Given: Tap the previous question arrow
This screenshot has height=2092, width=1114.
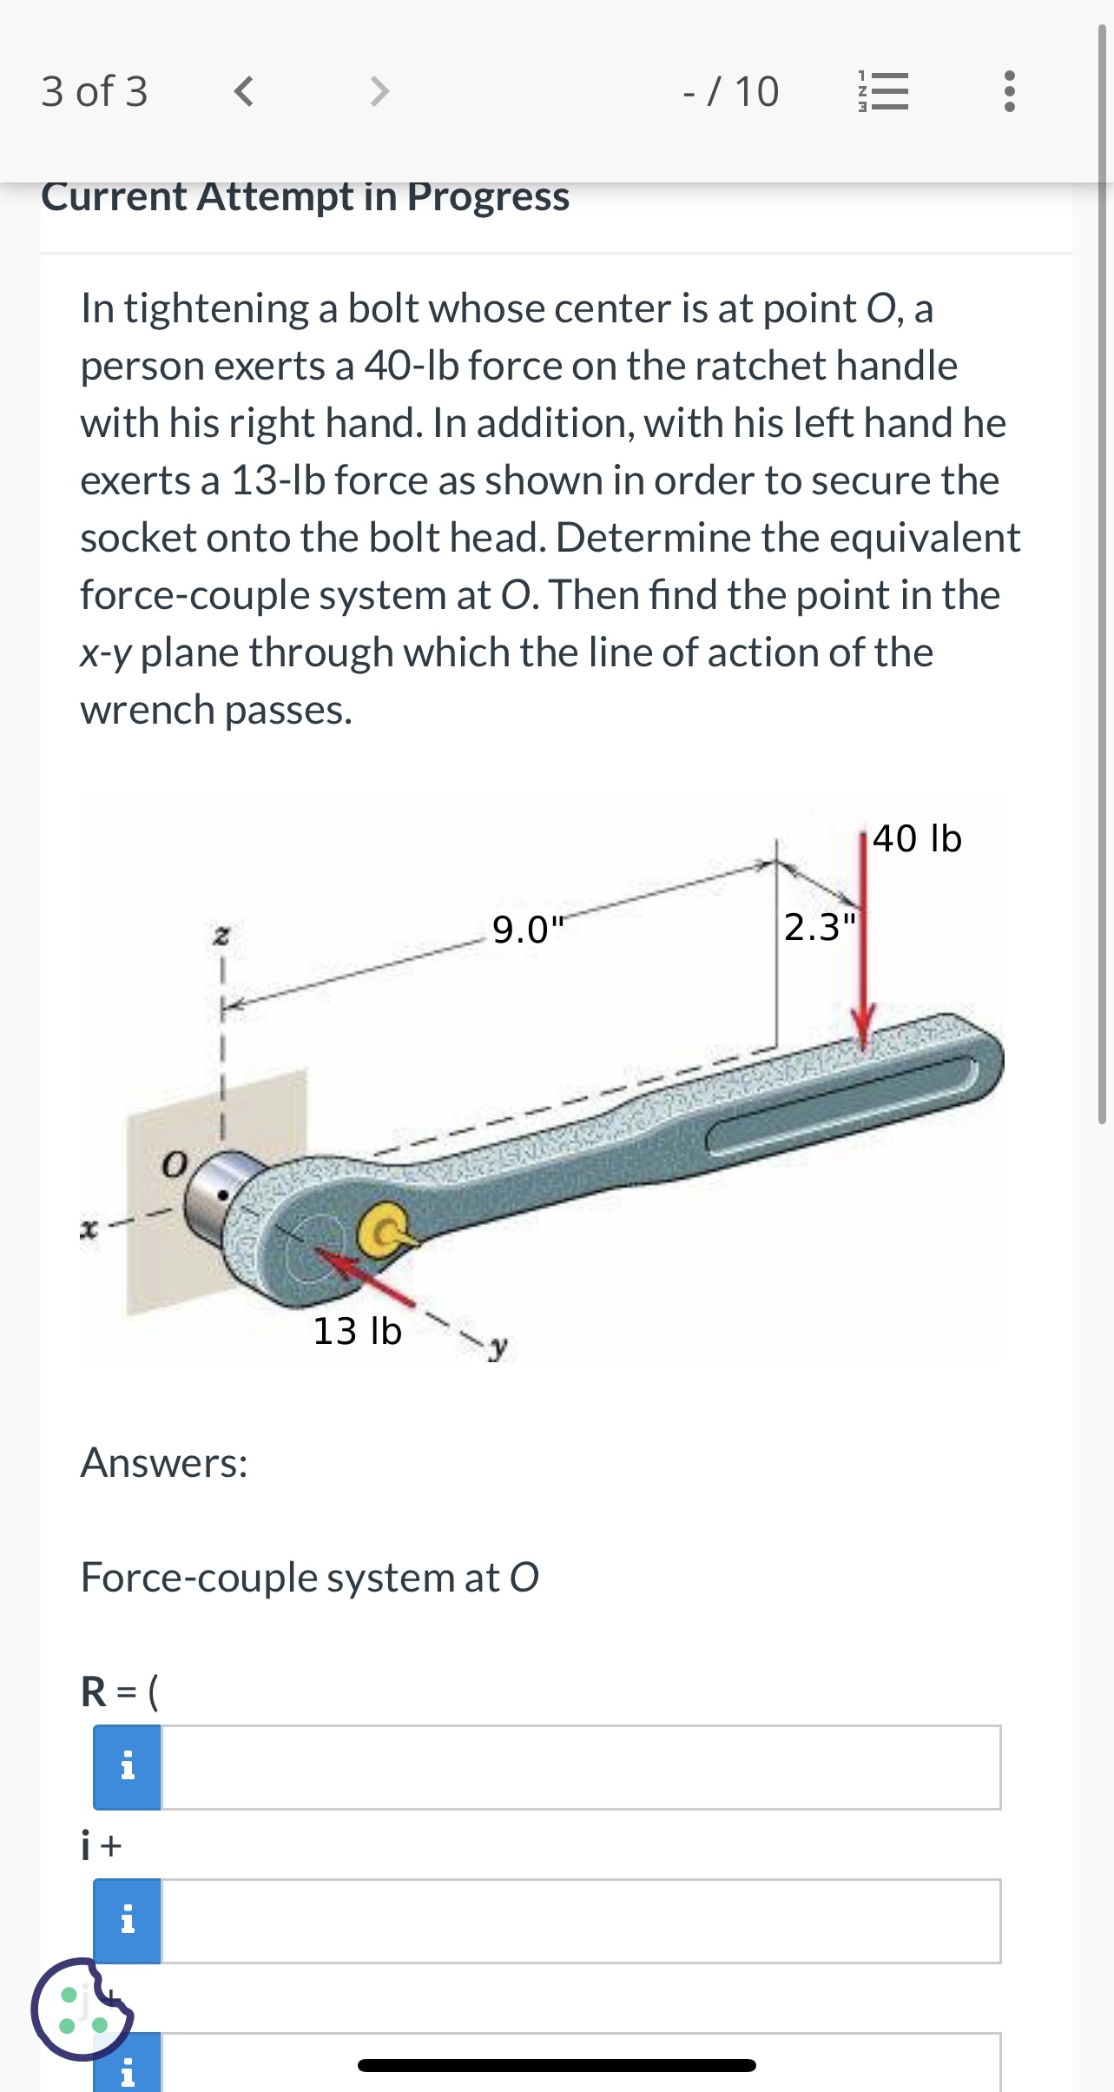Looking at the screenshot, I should click(x=244, y=90).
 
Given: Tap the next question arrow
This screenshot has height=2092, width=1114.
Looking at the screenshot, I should click(x=379, y=90).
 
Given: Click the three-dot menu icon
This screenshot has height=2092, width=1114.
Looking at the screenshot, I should click(x=1009, y=90).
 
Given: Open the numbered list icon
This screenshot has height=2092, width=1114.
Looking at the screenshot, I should click(x=883, y=90).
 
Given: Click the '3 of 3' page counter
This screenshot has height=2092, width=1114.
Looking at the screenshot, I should click(x=95, y=91).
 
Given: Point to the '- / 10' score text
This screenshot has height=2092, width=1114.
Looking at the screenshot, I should click(x=730, y=91).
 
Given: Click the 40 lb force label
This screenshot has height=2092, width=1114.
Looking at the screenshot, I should click(x=917, y=838).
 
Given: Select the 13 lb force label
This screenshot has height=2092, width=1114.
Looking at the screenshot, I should click(x=357, y=1331).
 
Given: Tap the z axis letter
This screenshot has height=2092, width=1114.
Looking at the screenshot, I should click(x=221, y=937).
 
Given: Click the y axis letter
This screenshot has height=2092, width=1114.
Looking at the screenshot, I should click(x=498, y=1347).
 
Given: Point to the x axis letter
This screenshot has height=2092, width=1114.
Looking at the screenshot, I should click(x=87, y=1229).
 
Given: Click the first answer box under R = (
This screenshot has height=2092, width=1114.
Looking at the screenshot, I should click(x=580, y=1767).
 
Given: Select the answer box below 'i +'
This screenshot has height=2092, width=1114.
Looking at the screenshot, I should click(x=580, y=1921).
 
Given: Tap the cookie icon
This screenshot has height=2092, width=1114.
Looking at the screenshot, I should click(x=82, y=2009).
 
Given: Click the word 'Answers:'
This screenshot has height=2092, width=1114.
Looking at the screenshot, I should click(x=164, y=1462).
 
